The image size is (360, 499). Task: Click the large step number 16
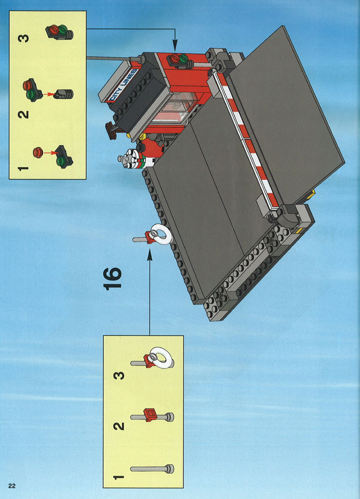112,278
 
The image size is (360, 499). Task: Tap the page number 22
12,486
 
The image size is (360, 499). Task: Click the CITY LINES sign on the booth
123,85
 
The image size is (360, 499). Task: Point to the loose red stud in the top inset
38,152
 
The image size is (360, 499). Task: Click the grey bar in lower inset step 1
152,469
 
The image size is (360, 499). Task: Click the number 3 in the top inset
24,38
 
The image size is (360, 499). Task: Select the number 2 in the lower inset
119,426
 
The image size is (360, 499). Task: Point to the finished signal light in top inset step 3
60,32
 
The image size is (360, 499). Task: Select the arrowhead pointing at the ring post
149,255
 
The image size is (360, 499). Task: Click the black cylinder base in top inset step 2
65,94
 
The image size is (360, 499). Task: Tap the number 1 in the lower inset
118,477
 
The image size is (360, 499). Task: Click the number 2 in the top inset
23,114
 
